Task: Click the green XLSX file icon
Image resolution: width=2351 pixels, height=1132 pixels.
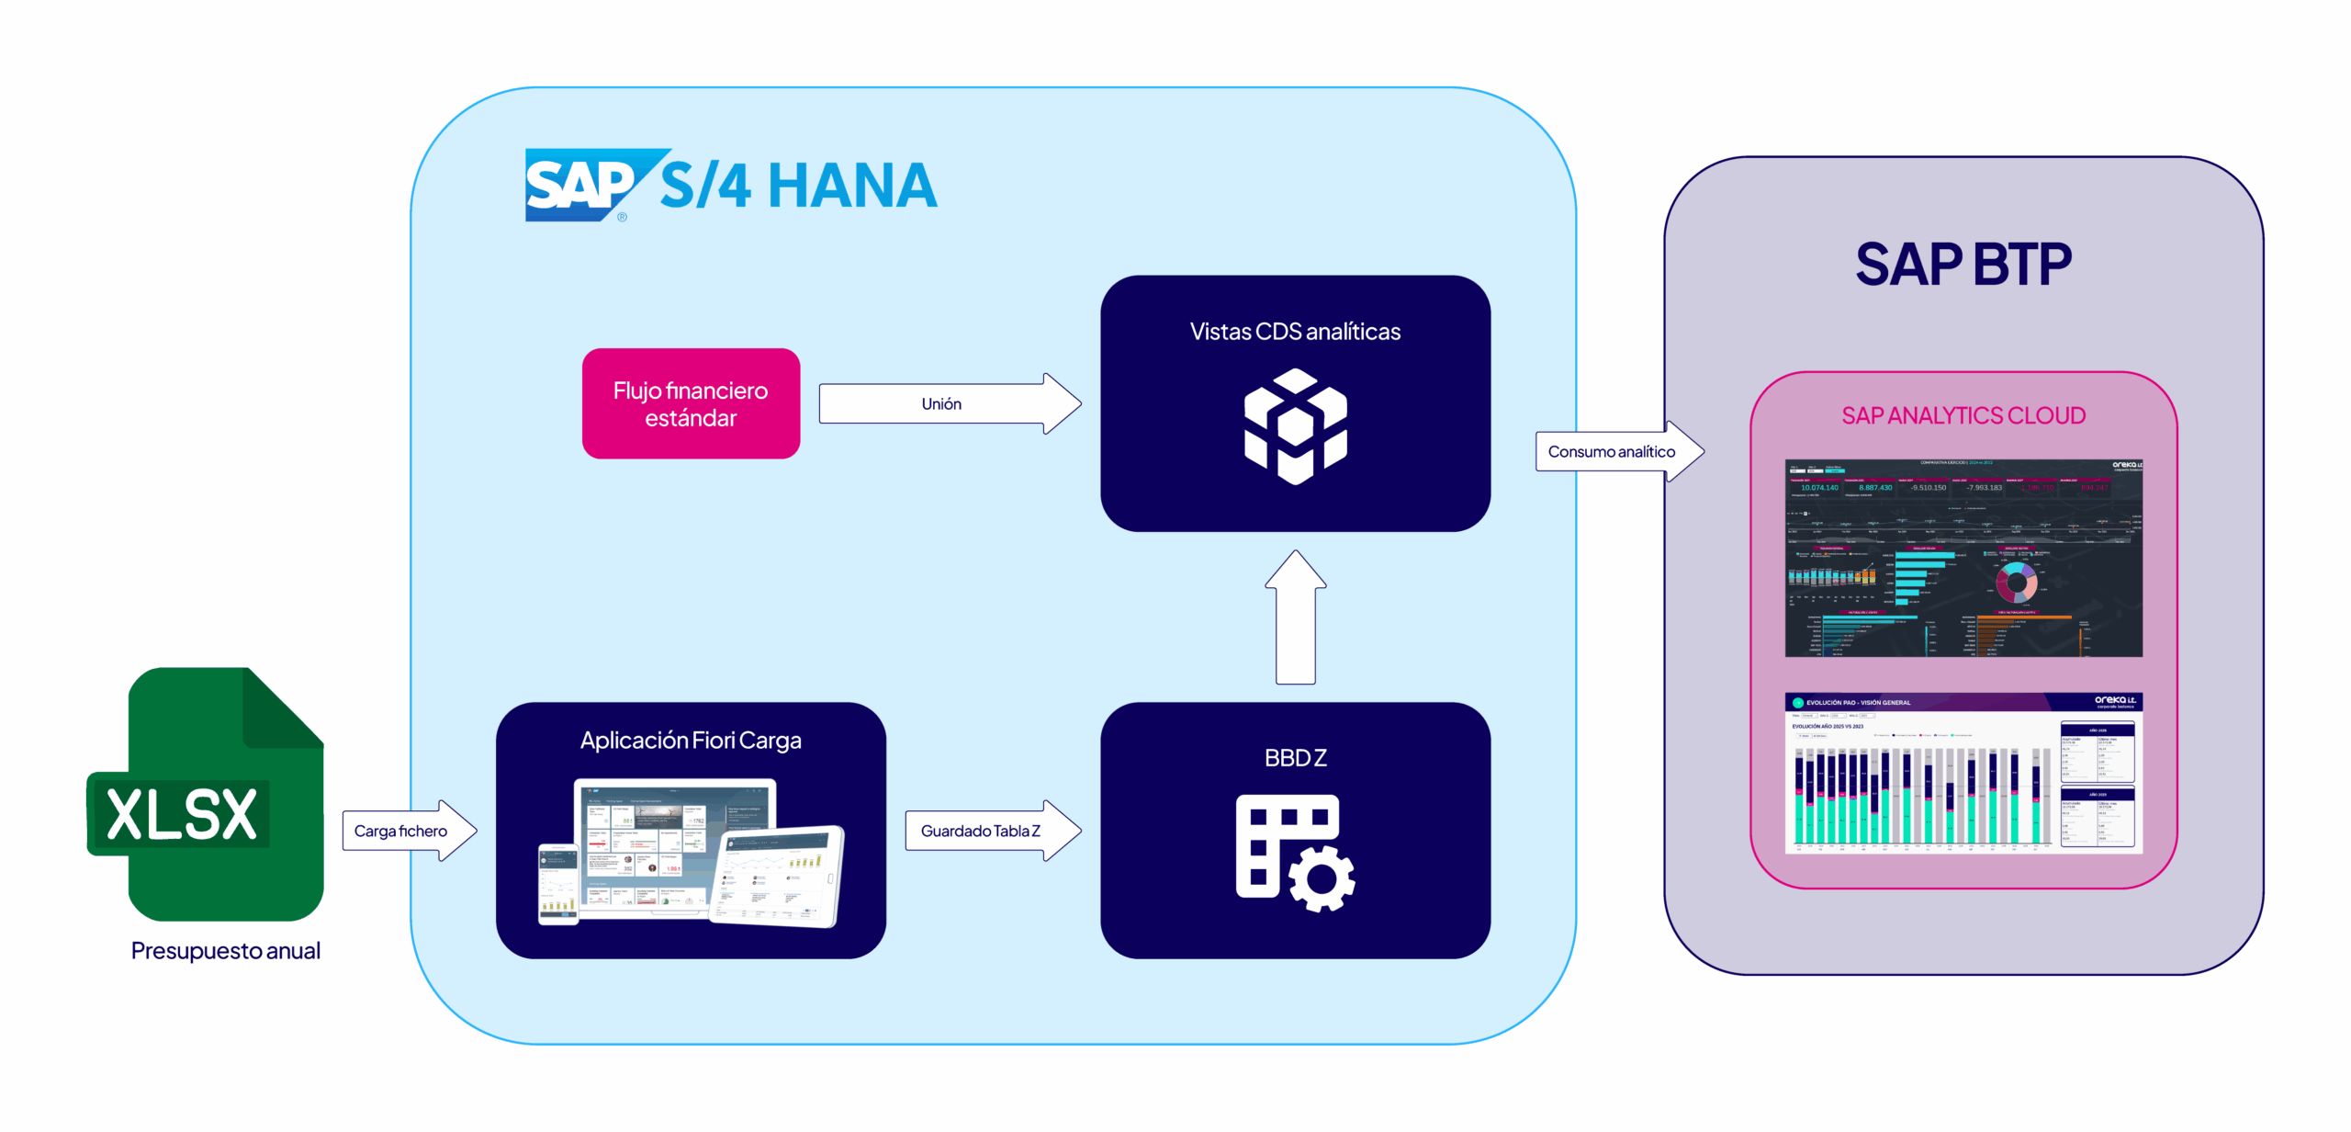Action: pyautogui.click(x=207, y=796)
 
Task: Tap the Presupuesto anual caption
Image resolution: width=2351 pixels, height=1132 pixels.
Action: pyautogui.click(x=225, y=951)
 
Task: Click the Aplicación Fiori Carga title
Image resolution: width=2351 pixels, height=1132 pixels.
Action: pyautogui.click(x=691, y=741)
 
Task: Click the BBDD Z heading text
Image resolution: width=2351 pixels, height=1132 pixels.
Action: pyautogui.click(x=1295, y=758)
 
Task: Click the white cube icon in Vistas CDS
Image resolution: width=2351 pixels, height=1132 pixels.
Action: pyautogui.click(x=1295, y=425)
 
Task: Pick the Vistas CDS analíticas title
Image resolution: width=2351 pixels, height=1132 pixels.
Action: pyautogui.click(x=1295, y=332)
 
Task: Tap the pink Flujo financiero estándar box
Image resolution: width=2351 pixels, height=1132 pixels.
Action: pyautogui.click(x=691, y=404)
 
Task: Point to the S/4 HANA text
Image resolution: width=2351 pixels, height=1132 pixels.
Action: pyautogui.click(x=798, y=187)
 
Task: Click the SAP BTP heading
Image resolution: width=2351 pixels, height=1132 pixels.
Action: pyautogui.click(x=1963, y=265)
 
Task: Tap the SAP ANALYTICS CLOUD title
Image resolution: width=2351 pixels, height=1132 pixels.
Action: pyautogui.click(x=1963, y=416)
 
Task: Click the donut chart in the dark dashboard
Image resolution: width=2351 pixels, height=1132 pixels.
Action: pyautogui.click(x=2017, y=582)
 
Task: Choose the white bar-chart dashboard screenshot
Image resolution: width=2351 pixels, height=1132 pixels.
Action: pyautogui.click(x=1963, y=773)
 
